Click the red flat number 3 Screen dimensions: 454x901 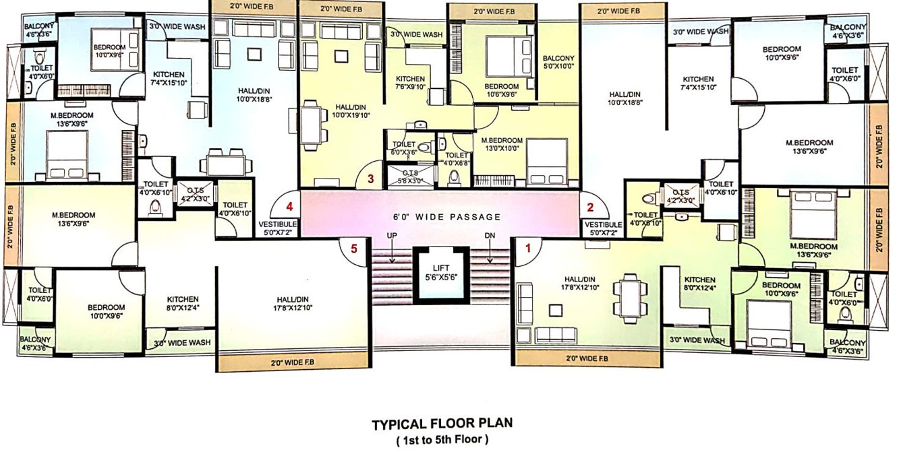coord(370,179)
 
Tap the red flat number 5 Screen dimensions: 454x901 coord(355,248)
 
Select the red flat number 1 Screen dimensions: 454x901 coord(528,248)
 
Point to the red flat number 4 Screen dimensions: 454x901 coord(289,206)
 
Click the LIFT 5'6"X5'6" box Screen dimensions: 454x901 coord(441,273)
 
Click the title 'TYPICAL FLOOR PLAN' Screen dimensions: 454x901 coord(442,424)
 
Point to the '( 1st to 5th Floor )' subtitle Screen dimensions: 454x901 coord(442,440)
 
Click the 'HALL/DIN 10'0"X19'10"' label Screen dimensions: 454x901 coord(351,111)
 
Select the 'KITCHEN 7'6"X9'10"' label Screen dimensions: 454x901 coord(410,83)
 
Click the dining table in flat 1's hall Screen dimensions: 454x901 coord(629,295)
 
